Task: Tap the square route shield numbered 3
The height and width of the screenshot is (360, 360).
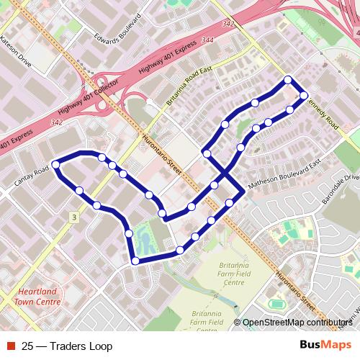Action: point(73,217)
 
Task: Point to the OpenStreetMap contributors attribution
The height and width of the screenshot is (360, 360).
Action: point(297,323)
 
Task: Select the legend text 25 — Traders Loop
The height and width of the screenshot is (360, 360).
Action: point(67,346)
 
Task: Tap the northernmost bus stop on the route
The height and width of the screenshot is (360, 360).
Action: point(288,80)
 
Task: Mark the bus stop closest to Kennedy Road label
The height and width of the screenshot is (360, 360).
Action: point(304,95)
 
